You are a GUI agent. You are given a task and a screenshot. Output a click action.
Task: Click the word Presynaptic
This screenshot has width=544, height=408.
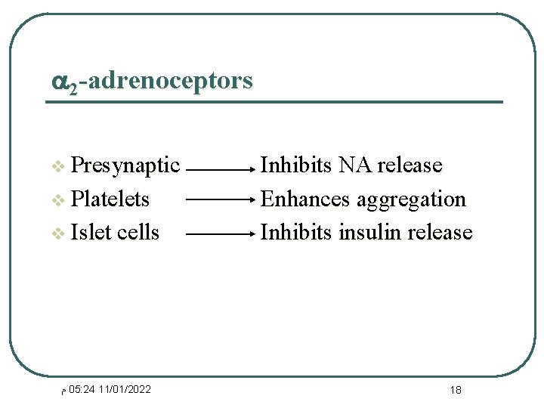pos(125,165)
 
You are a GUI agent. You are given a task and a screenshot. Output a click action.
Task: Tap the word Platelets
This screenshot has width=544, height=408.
pos(110,199)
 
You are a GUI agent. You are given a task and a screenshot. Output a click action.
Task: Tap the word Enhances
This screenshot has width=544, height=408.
pos(305,199)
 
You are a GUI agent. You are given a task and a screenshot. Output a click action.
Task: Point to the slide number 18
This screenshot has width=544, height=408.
pos(456,390)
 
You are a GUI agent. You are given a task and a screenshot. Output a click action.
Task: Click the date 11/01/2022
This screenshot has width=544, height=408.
pos(125,389)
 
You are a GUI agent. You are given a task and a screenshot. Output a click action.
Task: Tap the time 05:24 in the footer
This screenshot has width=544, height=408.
pos(82,389)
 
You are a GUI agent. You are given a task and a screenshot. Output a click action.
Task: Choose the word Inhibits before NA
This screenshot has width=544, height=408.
pos(295,165)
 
